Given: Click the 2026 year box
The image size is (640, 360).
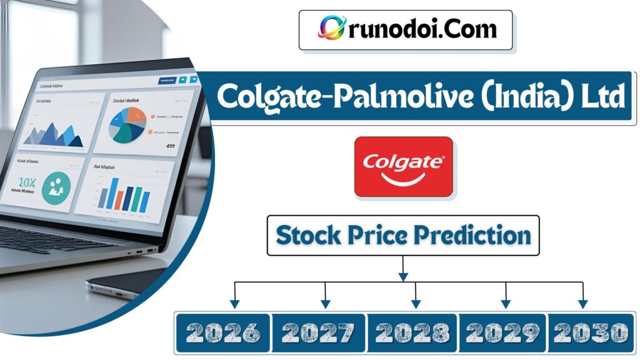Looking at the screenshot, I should (222, 332).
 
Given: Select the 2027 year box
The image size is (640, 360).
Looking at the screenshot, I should (319, 332).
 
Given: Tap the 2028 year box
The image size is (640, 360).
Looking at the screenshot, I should (412, 332).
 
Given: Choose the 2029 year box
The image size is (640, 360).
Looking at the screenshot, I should (503, 332).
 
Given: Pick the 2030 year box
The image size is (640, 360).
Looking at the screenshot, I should (591, 332).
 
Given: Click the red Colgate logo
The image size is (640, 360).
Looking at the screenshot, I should (404, 167).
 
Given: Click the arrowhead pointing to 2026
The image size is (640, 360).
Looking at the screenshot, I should (234, 304).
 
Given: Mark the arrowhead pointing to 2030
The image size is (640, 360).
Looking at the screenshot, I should (582, 304).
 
